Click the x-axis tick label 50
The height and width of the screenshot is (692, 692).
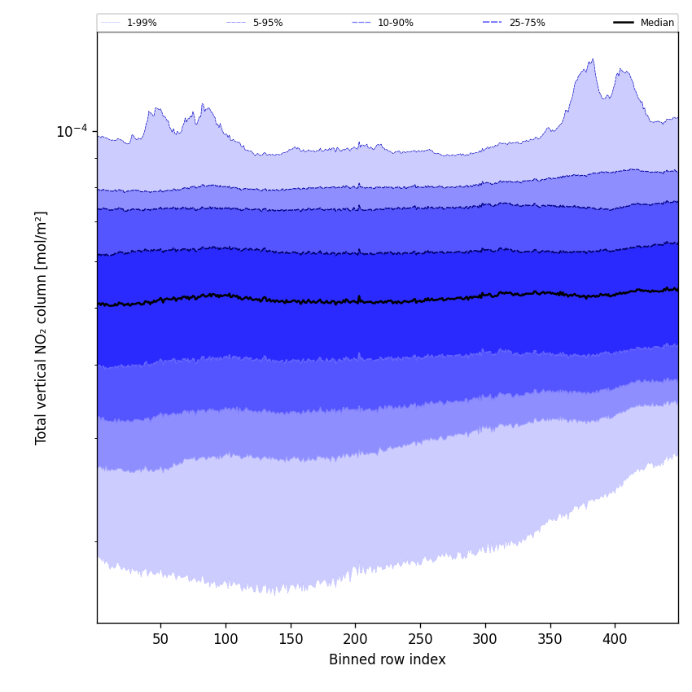click(160, 640)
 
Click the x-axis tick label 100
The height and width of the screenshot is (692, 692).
click(226, 640)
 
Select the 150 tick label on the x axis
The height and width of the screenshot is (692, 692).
click(291, 640)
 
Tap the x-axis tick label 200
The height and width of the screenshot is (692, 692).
click(355, 640)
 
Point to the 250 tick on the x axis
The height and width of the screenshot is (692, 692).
click(420, 640)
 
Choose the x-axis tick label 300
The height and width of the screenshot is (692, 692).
click(485, 640)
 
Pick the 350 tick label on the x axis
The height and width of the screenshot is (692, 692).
click(550, 640)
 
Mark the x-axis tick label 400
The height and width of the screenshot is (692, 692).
click(615, 640)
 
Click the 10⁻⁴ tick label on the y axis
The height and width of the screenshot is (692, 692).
click(71, 131)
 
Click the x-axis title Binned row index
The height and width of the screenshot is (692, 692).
click(388, 660)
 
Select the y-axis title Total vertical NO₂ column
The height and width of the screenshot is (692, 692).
click(42, 327)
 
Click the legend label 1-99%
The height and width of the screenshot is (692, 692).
click(142, 23)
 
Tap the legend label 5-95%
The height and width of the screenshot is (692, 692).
click(268, 23)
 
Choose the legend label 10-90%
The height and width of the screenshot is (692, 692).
click(396, 23)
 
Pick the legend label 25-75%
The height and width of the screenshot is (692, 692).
click(527, 23)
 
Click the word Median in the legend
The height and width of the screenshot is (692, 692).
click(657, 23)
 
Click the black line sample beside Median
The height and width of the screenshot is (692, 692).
click(624, 23)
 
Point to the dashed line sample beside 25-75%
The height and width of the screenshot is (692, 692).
click(493, 23)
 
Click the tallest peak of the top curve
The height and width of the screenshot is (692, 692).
click(593, 59)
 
